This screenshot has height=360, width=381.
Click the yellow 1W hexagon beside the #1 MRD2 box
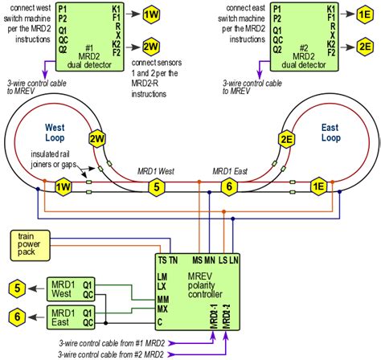(150, 15)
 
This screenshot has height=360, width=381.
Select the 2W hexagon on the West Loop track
(98, 139)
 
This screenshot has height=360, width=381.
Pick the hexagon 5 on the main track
(158, 186)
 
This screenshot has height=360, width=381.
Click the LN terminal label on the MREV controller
(234, 260)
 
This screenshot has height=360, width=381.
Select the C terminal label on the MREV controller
(161, 322)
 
